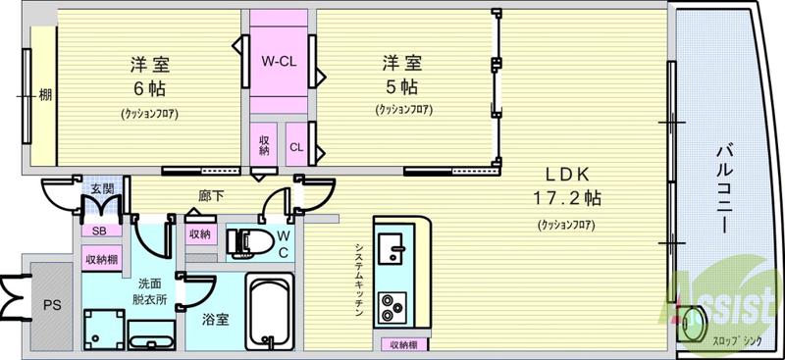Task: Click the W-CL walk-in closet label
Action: (x=279, y=62)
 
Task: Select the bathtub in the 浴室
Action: (x=269, y=309)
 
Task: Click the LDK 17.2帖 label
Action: (x=568, y=186)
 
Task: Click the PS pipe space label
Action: (x=51, y=305)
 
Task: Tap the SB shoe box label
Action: (x=99, y=231)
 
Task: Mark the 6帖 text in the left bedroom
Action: (x=149, y=87)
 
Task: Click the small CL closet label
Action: (x=295, y=148)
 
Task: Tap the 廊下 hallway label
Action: (x=210, y=196)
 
